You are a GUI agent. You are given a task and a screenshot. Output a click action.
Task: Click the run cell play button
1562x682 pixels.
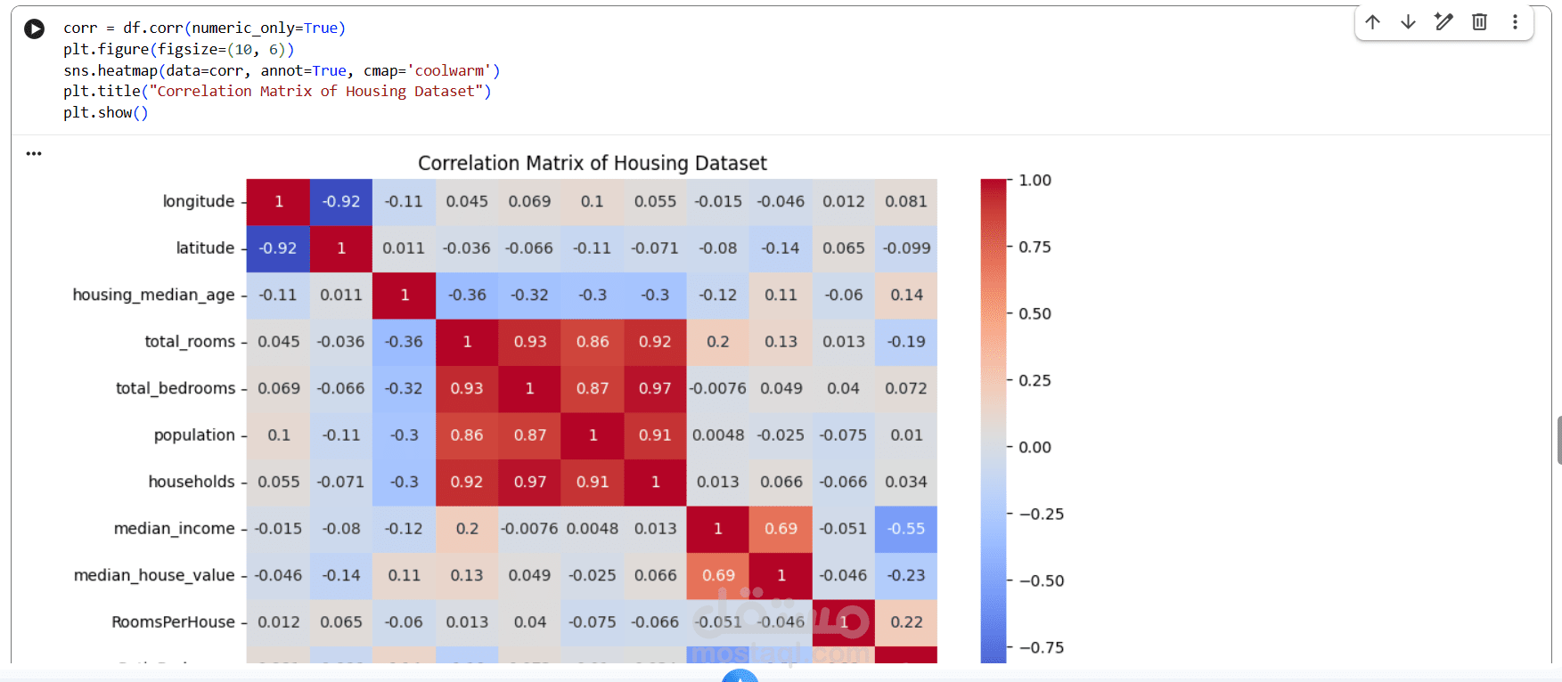click(x=34, y=28)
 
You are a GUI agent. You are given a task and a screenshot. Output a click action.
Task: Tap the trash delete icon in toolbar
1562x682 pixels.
click(x=1479, y=22)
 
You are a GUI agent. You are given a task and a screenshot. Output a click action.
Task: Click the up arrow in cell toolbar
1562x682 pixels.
click(x=1372, y=22)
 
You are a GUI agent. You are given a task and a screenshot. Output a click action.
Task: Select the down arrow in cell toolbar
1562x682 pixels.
click(x=1408, y=22)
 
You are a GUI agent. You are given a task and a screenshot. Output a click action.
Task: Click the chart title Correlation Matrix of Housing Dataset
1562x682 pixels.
click(x=592, y=163)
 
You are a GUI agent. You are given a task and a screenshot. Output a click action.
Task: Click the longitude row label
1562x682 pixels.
click(x=198, y=201)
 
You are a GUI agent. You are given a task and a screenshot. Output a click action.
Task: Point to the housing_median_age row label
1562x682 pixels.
click(x=153, y=295)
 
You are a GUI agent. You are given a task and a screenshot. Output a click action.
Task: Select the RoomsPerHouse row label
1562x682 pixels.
click(x=173, y=621)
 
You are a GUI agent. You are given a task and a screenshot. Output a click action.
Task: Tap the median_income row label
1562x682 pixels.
click(x=174, y=528)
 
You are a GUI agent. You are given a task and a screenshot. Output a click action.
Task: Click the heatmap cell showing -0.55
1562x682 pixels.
click(x=906, y=528)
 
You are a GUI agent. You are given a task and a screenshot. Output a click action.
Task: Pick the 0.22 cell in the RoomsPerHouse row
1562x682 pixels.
click(x=906, y=621)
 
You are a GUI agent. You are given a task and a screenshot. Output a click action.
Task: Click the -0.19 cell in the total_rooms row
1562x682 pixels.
click(x=906, y=341)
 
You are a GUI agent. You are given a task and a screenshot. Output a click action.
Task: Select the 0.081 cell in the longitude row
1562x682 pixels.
click(x=906, y=201)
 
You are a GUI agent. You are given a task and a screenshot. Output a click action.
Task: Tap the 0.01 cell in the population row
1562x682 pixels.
click(x=906, y=434)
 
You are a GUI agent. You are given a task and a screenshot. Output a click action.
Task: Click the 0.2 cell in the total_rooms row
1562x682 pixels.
click(x=717, y=341)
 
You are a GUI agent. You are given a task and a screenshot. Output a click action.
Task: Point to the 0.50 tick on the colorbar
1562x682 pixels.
click(x=1035, y=313)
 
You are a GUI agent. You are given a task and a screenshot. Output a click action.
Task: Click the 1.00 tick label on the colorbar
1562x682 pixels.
click(x=1035, y=180)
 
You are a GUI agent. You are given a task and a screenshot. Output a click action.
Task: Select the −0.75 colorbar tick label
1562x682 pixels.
click(x=1041, y=647)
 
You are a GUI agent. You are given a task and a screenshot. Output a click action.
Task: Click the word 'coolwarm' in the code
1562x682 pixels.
click(x=449, y=70)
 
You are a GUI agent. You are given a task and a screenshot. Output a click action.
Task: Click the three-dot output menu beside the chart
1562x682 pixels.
click(x=34, y=153)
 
